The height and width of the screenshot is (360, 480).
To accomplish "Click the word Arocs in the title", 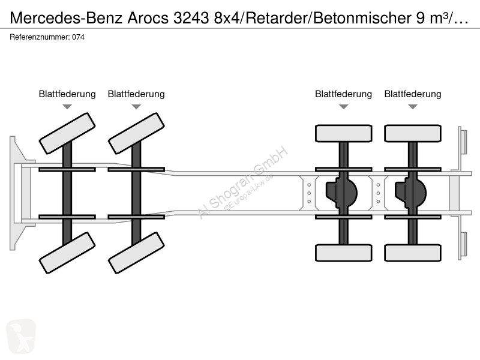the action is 148,18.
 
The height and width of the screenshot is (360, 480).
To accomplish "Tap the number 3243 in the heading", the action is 191,18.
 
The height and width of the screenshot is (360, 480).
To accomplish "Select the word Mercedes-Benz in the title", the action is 67,18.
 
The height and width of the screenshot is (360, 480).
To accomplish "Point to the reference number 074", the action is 79,37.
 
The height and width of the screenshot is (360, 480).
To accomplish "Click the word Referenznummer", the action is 39,37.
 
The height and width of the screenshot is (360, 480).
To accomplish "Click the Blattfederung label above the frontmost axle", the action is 67,94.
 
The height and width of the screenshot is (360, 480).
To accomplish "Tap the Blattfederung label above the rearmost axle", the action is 413,94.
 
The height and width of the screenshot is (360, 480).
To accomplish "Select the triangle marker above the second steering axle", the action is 136,107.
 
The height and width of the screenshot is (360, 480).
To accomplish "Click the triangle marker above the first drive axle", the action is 344,107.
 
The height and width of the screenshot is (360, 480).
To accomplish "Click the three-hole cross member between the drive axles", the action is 378,193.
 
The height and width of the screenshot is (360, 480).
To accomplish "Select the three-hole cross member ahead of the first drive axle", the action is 309,193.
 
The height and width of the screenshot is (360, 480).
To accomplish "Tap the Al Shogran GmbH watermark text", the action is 242,182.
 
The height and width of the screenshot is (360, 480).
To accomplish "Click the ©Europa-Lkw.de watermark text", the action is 248,193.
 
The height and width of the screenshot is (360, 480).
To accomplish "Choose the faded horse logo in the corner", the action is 21,337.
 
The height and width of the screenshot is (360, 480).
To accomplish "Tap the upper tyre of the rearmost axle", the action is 413,133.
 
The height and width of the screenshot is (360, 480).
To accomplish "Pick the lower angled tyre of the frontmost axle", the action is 67,253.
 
